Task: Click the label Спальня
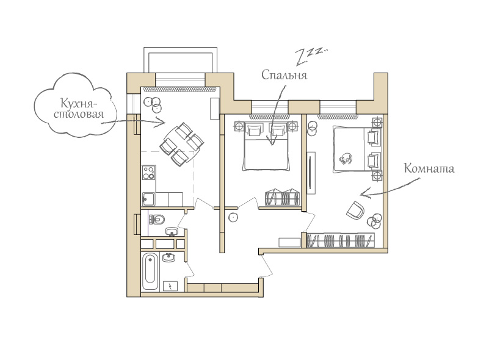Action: pyautogui.click(x=284, y=75)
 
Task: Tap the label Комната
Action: pyautogui.click(x=429, y=168)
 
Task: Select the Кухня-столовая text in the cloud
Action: pyautogui.click(x=79, y=108)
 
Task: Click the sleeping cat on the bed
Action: pyautogui.click(x=346, y=158)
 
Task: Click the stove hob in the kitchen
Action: pyautogui.click(x=148, y=173)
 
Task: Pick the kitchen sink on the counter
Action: pyautogui.click(x=148, y=200)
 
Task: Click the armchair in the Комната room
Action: pyautogui.click(x=355, y=210)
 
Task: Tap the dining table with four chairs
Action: pyautogui.click(x=182, y=145)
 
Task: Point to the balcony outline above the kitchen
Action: pyautogui.click(x=180, y=60)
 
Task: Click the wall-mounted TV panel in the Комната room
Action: pyautogui.click(x=311, y=173)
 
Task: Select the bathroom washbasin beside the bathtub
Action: pyautogui.click(x=168, y=257)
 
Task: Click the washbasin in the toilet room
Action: pyautogui.click(x=171, y=232)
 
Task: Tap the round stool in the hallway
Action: pyautogui.click(x=233, y=217)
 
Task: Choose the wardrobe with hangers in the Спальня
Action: pyautogui.click(x=282, y=197)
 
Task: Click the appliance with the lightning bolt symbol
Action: pyautogui.click(x=170, y=286)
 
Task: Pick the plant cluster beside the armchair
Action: pyautogui.click(x=374, y=220)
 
